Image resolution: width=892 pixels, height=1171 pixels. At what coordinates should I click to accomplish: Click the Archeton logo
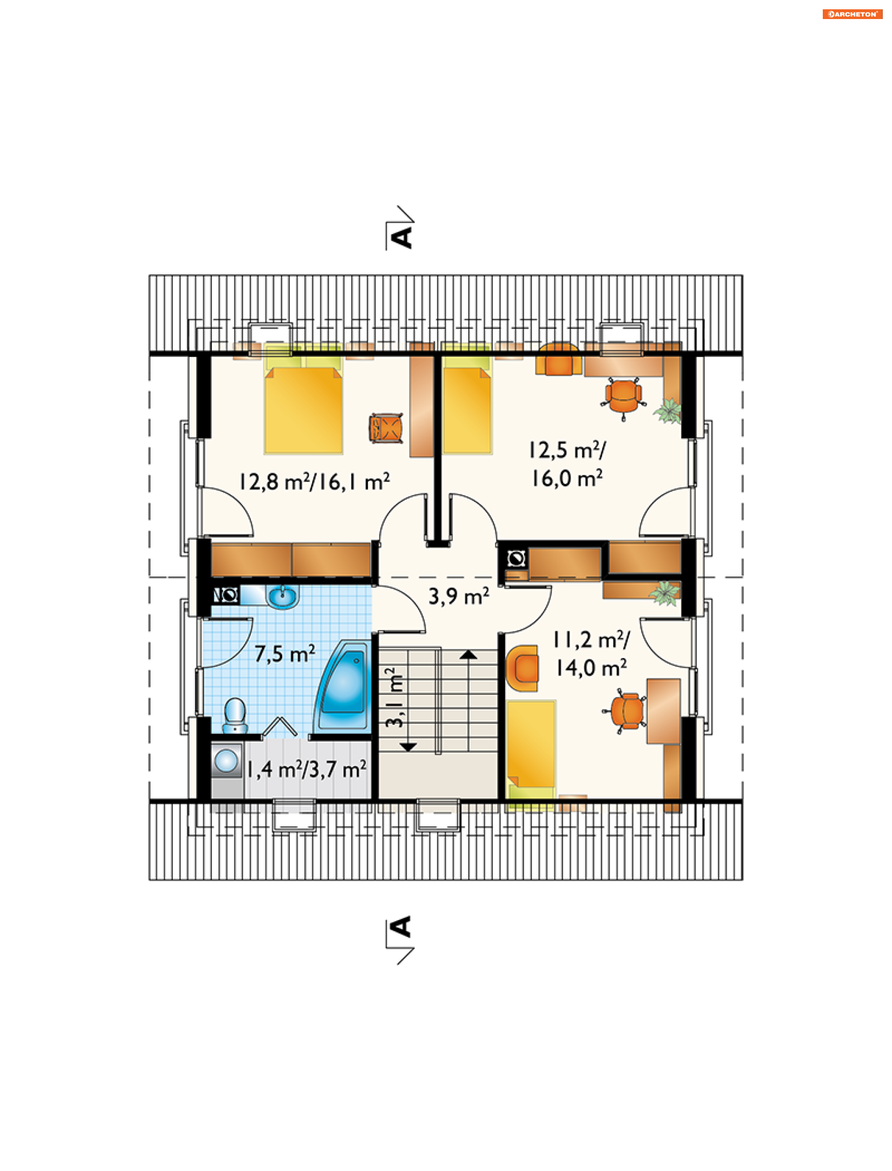tap(852, 14)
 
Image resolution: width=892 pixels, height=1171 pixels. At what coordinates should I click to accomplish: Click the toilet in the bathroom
tap(235, 715)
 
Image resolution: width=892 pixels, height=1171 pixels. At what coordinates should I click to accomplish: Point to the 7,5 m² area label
tap(285, 653)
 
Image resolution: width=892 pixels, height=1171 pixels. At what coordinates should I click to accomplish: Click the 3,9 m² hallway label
tap(459, 596)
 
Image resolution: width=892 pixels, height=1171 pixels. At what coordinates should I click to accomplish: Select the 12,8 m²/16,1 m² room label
tap(315, 482)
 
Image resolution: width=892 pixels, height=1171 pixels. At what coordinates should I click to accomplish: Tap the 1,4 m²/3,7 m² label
tap(306, 769)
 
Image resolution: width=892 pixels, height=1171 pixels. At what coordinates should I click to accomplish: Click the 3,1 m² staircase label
tap(394, 697)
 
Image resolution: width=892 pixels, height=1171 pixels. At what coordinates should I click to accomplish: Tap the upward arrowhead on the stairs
tap(468, 654)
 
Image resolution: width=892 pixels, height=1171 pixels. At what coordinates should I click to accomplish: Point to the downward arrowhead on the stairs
tap(408, 747)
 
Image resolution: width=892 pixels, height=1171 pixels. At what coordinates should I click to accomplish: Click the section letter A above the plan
tap(401, 237)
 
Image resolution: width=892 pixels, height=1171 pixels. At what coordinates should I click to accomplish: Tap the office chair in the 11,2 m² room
tap(625, 710)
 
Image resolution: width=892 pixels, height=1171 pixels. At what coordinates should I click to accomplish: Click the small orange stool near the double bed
tap(386, 428)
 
